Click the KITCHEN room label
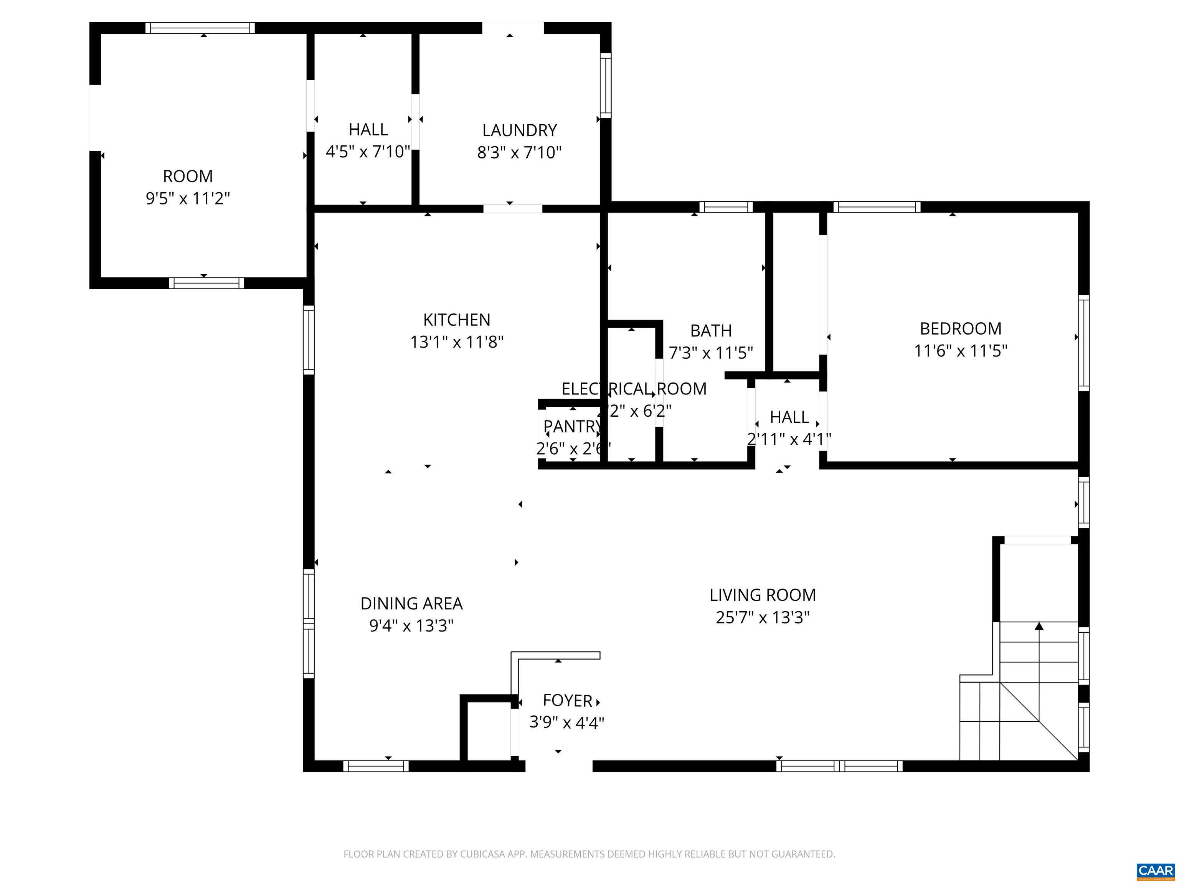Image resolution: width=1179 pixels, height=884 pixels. pos(456,320)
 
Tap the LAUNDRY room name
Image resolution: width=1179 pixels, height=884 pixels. pos(519,130)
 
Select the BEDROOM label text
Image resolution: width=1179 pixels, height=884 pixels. pos(961,329)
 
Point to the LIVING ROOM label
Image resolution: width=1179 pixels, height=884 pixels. pos(762,595)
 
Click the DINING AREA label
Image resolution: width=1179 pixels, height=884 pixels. pos(411,604)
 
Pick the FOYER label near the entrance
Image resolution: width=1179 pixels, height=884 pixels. pos(567,701)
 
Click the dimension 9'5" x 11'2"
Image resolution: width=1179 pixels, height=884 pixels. pos(188,199)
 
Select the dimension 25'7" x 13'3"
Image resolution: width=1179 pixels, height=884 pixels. pos(762,618)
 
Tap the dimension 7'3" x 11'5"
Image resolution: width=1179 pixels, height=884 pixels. pos(710,353)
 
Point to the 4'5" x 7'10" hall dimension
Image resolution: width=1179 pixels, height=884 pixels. pos(368,152)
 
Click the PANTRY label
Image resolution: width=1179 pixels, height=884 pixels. pos(572,427)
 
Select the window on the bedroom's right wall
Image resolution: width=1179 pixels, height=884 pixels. pos(1083,343)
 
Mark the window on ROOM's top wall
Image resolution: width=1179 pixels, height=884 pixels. pos(200,28)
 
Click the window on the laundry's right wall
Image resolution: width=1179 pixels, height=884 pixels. pos(606,85)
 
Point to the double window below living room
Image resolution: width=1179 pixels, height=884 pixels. pos(839,766)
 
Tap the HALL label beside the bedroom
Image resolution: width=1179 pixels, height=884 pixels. pos(789,417)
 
